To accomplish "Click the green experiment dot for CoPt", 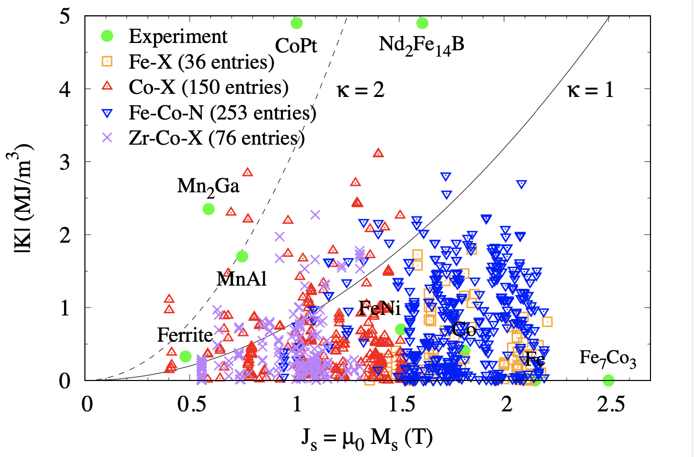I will click(x=297, y=23).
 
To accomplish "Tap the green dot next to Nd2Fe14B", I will click(x=422, y=23).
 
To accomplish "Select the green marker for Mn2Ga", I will click(x=209, y=209).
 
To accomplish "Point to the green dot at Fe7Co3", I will click(x=609, y=380).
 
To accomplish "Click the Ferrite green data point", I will click(x=185, y=356).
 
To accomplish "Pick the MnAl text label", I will click(x=242, y=279).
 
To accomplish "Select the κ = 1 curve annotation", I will click(x=590, y=90).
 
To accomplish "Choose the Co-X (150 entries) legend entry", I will click(x=209, y=87).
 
